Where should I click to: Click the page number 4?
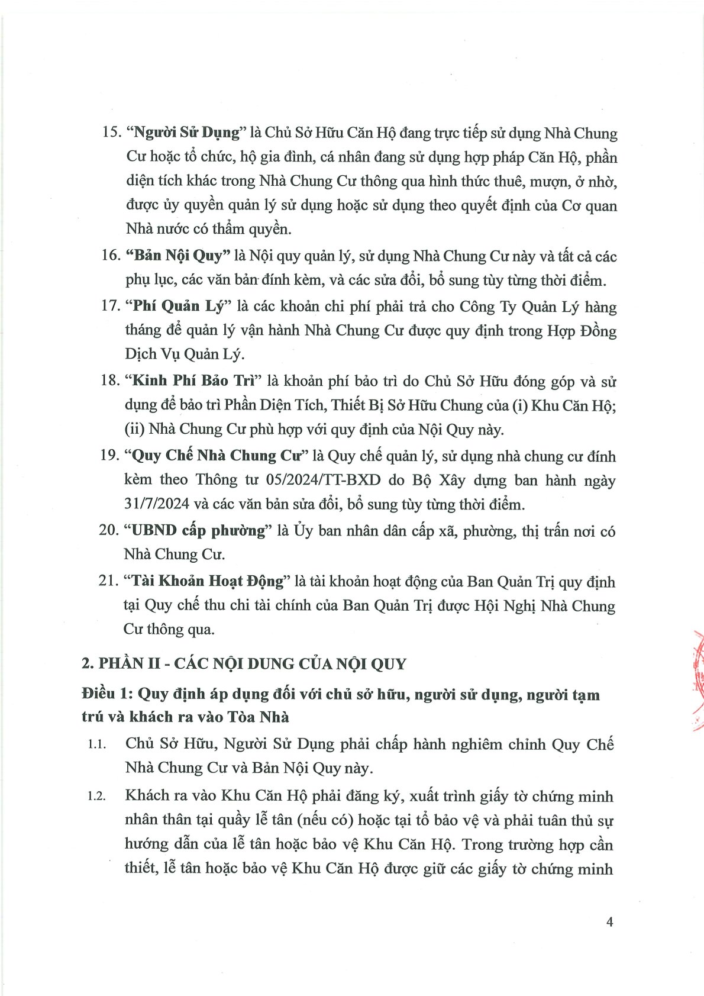(x=609, y=921)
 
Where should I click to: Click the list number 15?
(x=111, y=132)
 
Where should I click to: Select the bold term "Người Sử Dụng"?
(x=186, y=133)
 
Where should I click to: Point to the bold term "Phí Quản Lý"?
(x=179, y=306)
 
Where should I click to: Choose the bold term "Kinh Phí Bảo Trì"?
(x=192, y=381)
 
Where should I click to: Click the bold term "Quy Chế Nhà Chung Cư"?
(x=217, y=456)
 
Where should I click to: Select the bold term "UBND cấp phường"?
(x=198, y=530)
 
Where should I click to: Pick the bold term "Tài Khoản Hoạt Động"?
(x=207, y=581)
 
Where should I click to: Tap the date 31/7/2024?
(x=157, y=504)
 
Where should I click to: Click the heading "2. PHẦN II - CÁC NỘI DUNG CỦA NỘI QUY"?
(x=244, y=663)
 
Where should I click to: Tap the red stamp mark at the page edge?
(x=698, y=681)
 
